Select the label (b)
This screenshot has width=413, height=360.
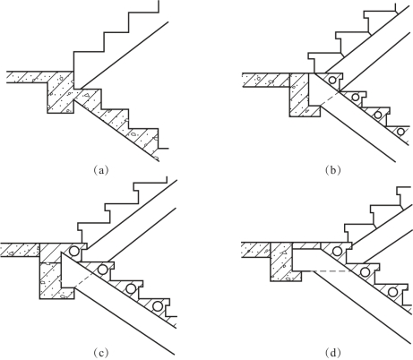(333, 170)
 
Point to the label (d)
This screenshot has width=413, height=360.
(333, 353)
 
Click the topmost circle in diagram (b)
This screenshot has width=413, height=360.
(332, 80)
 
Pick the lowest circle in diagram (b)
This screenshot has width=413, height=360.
(400, 132)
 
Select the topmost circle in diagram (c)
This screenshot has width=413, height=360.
(74, 251)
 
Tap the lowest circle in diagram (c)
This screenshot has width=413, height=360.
(158, 306)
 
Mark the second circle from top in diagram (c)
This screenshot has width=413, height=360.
(103, 270)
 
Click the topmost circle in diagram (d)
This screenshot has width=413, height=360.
(337, 252)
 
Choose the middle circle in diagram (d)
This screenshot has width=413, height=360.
(365, 271)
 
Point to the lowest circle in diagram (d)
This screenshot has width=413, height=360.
(392, 292)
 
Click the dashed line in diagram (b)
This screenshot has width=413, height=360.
(330, 99)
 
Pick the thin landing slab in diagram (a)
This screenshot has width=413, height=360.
(27, 77)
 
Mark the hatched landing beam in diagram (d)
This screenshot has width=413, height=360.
(281, 261)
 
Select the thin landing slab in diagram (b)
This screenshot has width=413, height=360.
(266, 80)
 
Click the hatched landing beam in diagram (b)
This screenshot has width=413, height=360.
(299, 95)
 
